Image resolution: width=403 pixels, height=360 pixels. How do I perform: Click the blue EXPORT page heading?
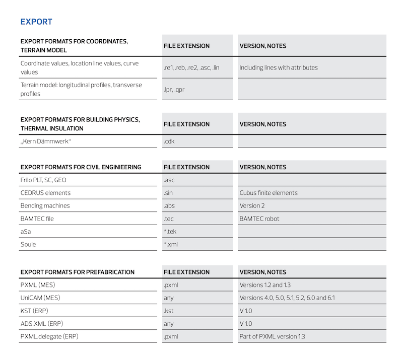[x=36, y=22]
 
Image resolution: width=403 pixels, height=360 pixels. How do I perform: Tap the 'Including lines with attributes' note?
[x=279, y=67]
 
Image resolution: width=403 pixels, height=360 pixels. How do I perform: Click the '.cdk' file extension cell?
[x=169, y=141]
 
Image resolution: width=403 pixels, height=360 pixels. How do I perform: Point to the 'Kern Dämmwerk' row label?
[x=46, y=141]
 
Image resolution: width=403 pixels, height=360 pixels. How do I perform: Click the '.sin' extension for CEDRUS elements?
[x=169, y=193]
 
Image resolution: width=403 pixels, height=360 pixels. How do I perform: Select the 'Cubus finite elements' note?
[x=268, y=193]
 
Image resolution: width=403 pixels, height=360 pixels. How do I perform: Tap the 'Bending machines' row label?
[x=45, y=205]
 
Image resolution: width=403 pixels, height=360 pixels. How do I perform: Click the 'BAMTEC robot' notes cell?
[x=259, y=219]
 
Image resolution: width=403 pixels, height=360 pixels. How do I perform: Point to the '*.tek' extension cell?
[x=170, y=232]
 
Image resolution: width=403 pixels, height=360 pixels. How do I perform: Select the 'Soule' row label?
[x=28, y=244]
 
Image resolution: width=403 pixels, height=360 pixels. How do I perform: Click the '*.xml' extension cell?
[x=171, y=244]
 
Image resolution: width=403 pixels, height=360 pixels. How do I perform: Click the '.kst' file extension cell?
[x=169, y=311]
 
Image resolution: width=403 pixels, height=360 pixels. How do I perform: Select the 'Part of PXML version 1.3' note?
[x=273, y=336]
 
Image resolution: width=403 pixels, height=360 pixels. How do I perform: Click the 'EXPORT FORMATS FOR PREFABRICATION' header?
[x=78, y=272]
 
